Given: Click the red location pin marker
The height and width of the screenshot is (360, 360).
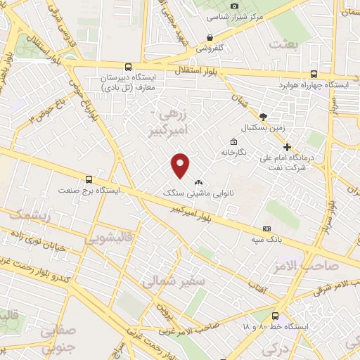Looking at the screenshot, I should [181, 165].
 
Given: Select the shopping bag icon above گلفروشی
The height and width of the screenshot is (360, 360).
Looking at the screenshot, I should [210, 37].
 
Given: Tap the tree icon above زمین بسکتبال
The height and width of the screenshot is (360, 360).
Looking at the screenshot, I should [263, 117].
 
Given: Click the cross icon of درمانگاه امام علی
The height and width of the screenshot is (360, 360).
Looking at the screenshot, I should [287, 146].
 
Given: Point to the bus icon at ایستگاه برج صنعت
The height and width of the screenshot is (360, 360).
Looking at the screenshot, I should [89, 179].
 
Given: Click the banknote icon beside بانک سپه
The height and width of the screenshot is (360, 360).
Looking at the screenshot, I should [266, 229].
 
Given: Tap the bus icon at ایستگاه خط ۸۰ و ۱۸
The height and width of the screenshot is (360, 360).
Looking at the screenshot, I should [275, 316].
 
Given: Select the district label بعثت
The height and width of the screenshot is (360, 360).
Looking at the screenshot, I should [288, 44].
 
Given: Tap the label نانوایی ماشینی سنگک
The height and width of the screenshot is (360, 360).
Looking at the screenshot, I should [184, 191].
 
